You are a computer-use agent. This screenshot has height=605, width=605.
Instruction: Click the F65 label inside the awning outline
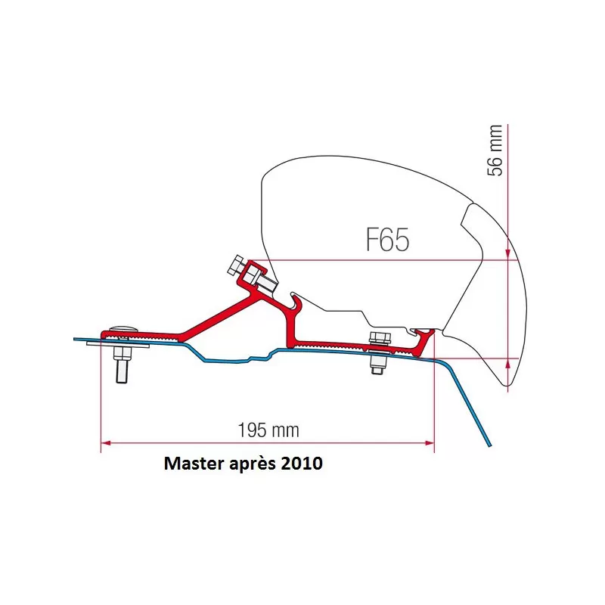pyautogui.click(x=387, y=240)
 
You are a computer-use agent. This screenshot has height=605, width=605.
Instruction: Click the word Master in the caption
pyautogui.click(x=193, y=464)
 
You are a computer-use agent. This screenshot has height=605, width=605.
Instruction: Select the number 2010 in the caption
pyautogui.click(x=302, y=464)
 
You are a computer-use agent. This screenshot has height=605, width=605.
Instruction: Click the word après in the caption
pyautogui.click(x=251, y=464)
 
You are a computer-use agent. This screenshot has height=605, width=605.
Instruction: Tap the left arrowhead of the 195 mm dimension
pyautogui.click(x=105, y=442)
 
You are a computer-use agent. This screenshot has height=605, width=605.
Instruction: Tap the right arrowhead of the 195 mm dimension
pyautogui.click(x=430, y=442)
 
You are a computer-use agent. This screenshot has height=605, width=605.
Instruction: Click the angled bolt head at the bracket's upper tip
pyautogui.click(x=237, y=265)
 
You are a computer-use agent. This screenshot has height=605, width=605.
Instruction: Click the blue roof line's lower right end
pyautogui.click(x=490, y=445)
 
